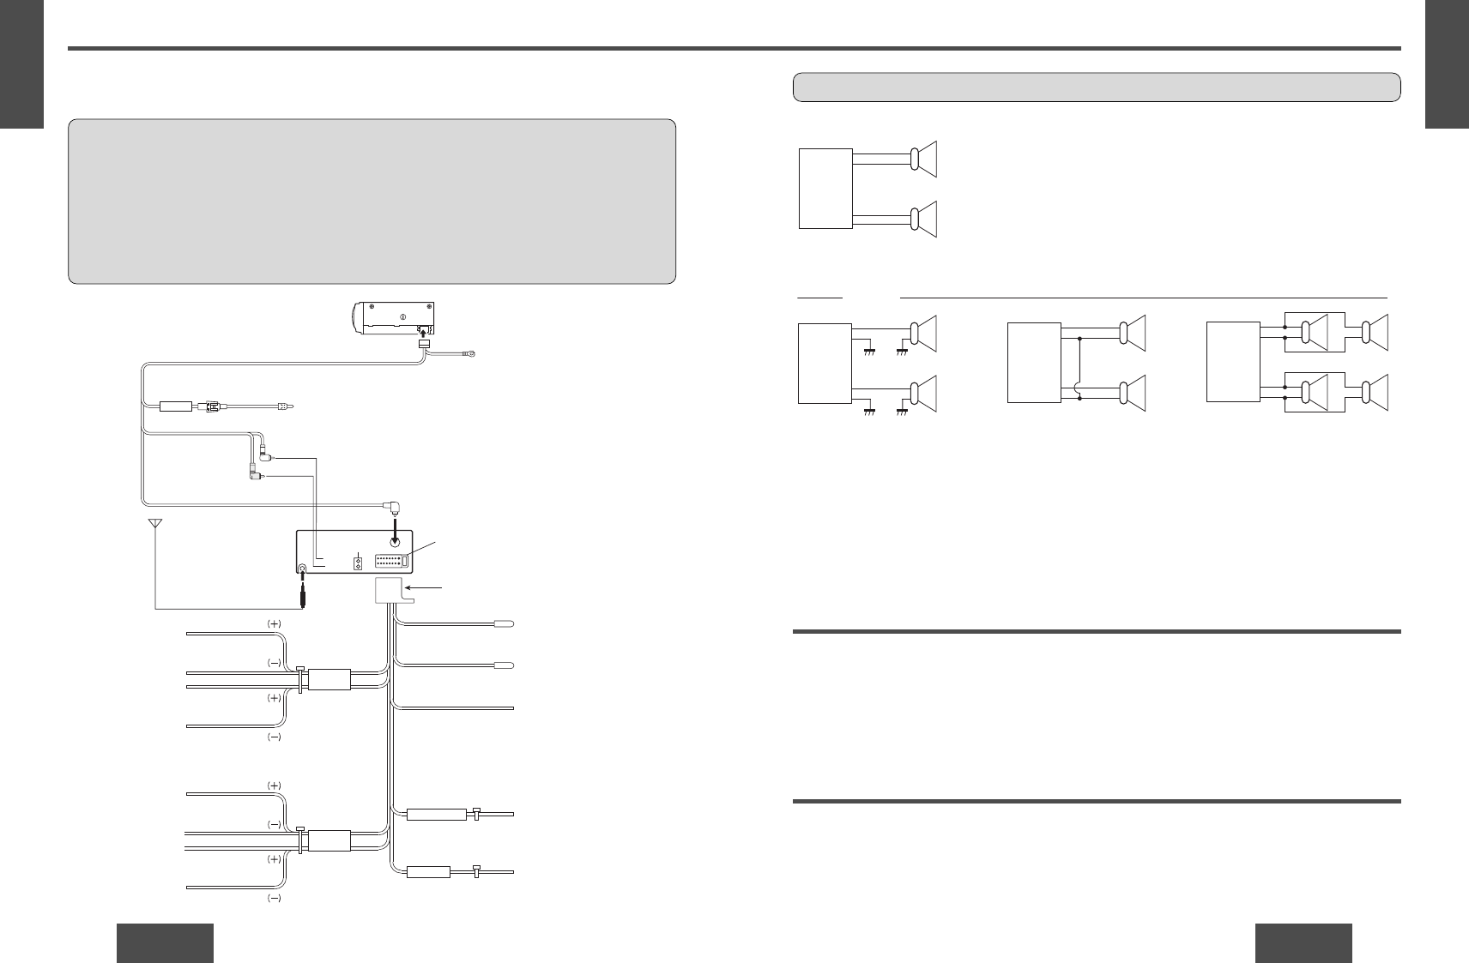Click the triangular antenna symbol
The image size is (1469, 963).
pos(155,523)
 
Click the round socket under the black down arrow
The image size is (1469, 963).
pos(395,542)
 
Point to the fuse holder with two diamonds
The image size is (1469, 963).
pos(357,564)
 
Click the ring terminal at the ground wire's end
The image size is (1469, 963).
pos(469,352)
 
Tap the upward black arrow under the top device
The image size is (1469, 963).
pos(422,330)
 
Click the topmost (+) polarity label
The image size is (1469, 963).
pos(274,623)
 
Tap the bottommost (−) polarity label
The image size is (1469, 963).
pos(274,899)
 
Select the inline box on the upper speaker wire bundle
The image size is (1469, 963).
pos(329,679)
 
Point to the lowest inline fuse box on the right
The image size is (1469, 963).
pos(428,873)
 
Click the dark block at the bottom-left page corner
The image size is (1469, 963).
pos(165,942)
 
